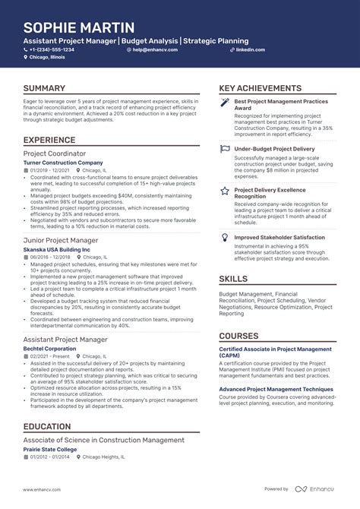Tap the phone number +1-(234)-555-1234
(x=52, y=49)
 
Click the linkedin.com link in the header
(x=250, y=49)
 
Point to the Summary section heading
(x=44, y=89)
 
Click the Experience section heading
(x=49, y=140)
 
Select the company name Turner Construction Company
(x=63, y=163)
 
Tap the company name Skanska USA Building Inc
(x=56, y=249)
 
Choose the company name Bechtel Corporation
(x=49, y=348)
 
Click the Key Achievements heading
(x=260, y=89)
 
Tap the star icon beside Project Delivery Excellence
(x=225, y=191)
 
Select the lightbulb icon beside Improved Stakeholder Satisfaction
(x=225, y=238)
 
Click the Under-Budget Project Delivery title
(x=274, y=150)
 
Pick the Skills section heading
(x=233, y=279)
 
